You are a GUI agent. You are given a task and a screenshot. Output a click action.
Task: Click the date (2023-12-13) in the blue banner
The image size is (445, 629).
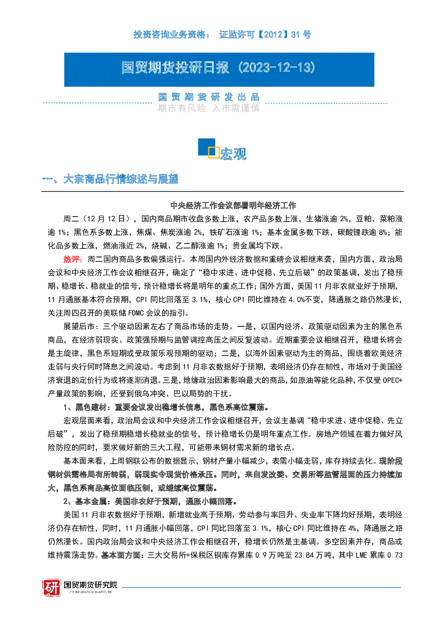tap(277, 68)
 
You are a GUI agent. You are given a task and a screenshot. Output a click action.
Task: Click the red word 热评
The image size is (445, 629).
tap(71, 259)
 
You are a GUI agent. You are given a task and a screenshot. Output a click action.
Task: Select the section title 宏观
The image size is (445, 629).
tap(233, 154)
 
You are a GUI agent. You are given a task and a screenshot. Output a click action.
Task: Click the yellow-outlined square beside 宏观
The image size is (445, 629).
tap(214, 152)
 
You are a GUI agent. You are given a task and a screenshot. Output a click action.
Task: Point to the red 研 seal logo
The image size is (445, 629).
tap(52, 588)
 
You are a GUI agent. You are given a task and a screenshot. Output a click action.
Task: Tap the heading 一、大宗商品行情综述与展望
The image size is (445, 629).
tap(110, 179)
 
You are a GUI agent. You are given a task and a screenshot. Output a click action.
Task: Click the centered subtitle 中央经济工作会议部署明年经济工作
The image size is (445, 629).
tap(233, 205)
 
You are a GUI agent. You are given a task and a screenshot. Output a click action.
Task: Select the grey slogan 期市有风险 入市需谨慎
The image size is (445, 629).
tap(209, 108)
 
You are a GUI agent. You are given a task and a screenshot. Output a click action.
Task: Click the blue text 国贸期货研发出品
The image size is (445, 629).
tap(209, 97)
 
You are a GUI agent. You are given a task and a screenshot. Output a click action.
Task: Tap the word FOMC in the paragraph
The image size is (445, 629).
tap(136, 313)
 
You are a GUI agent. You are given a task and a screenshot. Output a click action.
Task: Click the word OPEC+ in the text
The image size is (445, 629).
tap(393, 380)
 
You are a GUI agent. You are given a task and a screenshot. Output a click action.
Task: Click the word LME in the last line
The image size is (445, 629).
tap(362, 555)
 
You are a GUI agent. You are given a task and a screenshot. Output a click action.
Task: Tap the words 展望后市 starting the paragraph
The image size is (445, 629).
tap(79, 326)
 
